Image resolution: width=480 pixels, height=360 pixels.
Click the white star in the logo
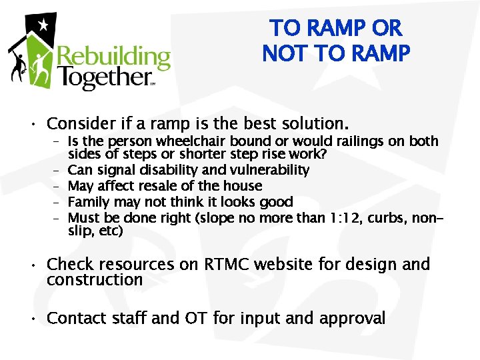(x=43, y=25)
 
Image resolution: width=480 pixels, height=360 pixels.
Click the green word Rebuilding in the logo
(x=114, y=59)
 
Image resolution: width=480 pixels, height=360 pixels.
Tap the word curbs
(x=391, y=218)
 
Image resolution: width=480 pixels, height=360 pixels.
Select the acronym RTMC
(x=241, y=265)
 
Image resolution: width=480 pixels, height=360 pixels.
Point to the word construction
(x=95, y=281)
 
